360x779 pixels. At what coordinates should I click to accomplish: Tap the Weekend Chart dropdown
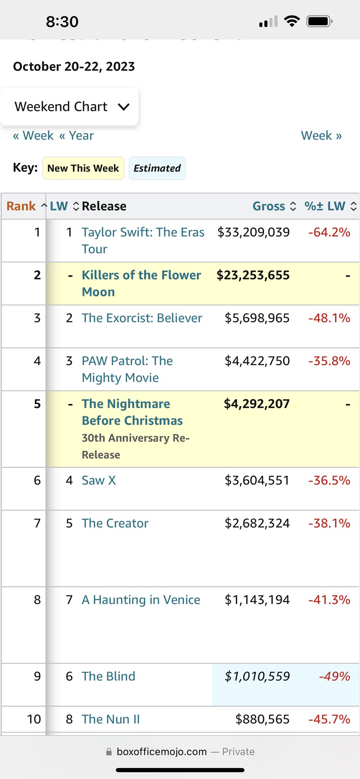tap(70, 107)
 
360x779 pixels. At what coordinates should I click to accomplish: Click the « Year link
tap(76, 135)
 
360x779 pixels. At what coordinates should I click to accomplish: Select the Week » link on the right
tap(321, 135)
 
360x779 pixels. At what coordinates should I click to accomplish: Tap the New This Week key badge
tap(83, 168)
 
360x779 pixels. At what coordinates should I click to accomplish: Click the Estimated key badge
tap(157, 168)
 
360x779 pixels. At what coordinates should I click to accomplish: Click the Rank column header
tap(21, 206)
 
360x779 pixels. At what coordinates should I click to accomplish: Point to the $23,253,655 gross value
tap(253, 275)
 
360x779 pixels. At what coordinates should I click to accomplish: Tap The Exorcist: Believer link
tap(142, 318)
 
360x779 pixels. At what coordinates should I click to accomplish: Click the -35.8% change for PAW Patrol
tap(329, 361)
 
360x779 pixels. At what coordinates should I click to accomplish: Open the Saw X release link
tap(99, 480)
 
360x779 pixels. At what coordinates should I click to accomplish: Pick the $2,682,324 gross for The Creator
tap(257, 523)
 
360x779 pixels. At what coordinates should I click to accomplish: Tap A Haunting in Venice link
tap(141, 600)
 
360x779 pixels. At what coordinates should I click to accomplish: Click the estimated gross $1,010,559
tap(257, 676)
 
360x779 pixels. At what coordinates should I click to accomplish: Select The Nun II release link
tap(111, 719)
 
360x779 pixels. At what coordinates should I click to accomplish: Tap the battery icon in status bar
tap(319, 21)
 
